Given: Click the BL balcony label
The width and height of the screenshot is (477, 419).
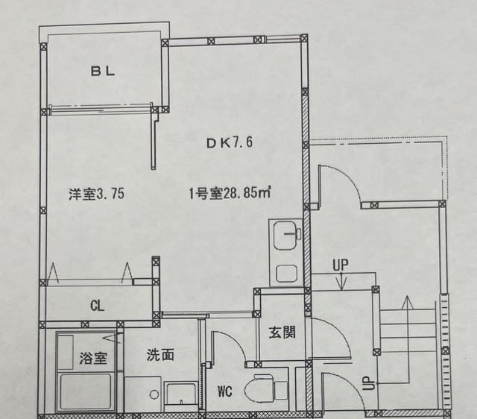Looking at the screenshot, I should [x=102, y=72].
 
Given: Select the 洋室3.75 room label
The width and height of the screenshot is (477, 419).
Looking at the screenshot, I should [x=96, y=194].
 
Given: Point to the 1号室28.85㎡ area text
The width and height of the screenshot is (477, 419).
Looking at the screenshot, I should [x=229, y=194].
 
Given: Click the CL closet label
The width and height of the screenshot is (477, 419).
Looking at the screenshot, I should [x=98, y=306].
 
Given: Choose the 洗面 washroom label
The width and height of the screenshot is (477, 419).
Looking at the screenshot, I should [x=160, y=356].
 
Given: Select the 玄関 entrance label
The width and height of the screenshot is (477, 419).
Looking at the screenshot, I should [x=282, y=331].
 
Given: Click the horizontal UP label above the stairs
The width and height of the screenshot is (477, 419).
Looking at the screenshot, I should [x=341, y=264].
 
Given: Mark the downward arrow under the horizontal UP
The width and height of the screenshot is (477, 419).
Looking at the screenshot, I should [x=341, y=282].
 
